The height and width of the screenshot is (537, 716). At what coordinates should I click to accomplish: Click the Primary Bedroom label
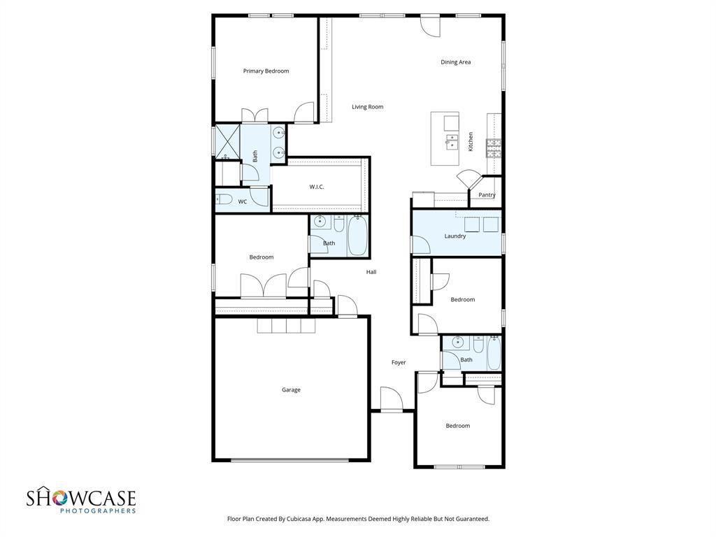tap(266, 71)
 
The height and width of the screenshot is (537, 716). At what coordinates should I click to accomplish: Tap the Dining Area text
tap(455, 62)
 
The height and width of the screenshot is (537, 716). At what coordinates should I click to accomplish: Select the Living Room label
tap(367, 107)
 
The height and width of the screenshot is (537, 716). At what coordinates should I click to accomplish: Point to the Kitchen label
tap(471, 142)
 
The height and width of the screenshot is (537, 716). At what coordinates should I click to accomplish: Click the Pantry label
tap(487, 195)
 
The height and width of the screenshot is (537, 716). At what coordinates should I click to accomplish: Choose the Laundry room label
tap(455, 236)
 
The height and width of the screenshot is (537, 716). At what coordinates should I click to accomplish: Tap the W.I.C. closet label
tap(317, 187)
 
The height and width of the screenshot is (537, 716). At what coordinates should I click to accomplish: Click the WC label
tap(243, 202)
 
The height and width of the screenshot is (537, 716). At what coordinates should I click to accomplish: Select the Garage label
tap(291, 390)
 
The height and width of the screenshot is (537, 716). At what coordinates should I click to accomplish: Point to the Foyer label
tap(399, 362)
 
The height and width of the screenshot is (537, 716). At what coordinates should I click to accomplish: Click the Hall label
tap(371, 272)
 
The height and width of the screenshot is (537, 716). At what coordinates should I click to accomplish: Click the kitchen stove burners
tap(494, 148)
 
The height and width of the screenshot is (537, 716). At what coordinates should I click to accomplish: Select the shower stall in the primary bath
tap(227, 138)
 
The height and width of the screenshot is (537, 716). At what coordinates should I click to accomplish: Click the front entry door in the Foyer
tap(392, 400)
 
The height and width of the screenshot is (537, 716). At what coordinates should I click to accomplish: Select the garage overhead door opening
tap(290, 459)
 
